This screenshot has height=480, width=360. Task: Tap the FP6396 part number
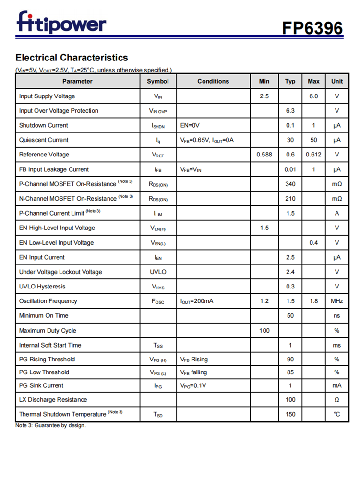[x=312, y=28]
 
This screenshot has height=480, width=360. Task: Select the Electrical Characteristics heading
[x=72, y=58]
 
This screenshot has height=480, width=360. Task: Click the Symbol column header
[x=158, y=81]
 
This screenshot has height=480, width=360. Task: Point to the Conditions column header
[x=213, y=81]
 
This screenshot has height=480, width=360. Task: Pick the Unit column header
[x=337, y=81]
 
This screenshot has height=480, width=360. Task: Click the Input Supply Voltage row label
[x=47, y=96]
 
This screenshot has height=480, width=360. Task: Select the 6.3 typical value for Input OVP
[x=290, y=111]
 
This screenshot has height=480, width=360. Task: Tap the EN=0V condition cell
[x=190, y=125]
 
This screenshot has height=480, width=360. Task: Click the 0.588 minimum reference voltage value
[x=264, y=155]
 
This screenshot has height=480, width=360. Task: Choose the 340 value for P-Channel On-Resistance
[x=290, y=184]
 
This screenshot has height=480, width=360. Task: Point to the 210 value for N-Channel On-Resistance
[x=290, y=198]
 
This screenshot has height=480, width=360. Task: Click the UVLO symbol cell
[x=158, y=272]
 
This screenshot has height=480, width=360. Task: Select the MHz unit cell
[x=337, y=301]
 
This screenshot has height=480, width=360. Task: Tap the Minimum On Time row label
[x=44, y=315]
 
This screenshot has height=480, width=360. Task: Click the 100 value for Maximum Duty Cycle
[x=264, y=330]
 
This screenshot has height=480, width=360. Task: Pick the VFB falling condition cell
[x=194, y=372]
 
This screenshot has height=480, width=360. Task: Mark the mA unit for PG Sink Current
[x=337, y=385]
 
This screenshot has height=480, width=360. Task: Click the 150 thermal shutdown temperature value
[x=290, y=414]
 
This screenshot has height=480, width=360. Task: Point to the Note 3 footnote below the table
[x=51, y=426]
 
